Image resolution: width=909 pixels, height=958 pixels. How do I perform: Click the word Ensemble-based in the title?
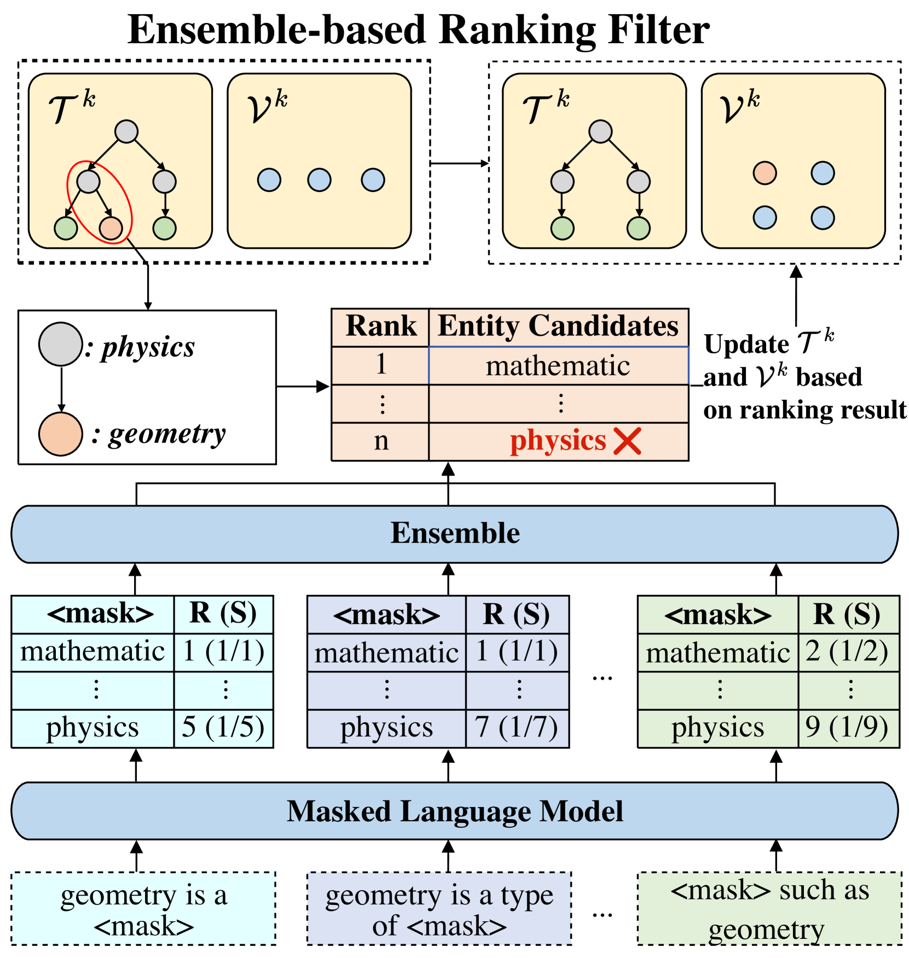[x=276, y=30]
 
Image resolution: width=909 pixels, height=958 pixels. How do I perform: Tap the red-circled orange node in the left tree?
[x=111, y=228]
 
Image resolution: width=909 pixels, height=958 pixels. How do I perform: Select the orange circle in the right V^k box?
[x=765, y=173]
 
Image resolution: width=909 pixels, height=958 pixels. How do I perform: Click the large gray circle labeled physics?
[x=60, y=344]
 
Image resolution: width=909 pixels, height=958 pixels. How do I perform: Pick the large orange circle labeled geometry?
[x=60, y=434]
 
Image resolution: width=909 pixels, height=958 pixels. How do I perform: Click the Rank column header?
[x=381, y=326]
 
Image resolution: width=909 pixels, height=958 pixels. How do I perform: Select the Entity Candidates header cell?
[x=558, y=326]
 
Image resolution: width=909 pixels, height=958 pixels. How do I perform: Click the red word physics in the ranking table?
[x=558, y=441]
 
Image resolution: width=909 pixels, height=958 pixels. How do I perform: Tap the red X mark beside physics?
[x=627, y=441]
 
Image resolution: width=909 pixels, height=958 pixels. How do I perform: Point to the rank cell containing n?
[x=381, y=441]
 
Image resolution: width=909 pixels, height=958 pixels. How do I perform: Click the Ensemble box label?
[x=455, y=533]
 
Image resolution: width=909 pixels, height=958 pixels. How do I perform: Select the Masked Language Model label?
[x=455, y=811]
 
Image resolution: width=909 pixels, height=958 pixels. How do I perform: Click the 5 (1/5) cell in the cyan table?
[x=223, y=728]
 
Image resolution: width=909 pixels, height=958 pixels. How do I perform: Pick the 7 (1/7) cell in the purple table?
[x=517, y=728]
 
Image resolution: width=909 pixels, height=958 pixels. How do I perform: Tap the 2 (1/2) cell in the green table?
[x=847, y=652]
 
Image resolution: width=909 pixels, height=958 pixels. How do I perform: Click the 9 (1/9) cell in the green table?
[x=847, y=728]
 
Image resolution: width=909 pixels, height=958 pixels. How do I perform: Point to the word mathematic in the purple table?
[x=386, y=653]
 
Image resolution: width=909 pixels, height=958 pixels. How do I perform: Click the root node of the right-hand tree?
[x=600, y=132]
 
